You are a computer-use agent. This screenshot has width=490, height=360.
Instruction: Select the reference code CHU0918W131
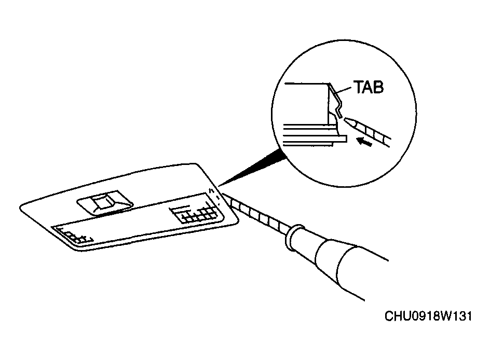[x=428, y=316]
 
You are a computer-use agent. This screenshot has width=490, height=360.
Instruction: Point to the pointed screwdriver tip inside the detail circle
[x=347, y=120]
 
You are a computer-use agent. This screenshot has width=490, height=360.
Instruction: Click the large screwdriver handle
[x=350, y=266]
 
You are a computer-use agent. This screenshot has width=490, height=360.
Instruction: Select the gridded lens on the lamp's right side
[x=194, y=213]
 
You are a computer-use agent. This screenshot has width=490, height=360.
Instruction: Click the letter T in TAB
[x=358, y=87]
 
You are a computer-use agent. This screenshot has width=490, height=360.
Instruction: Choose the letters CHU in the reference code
[x=397, y=316]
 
